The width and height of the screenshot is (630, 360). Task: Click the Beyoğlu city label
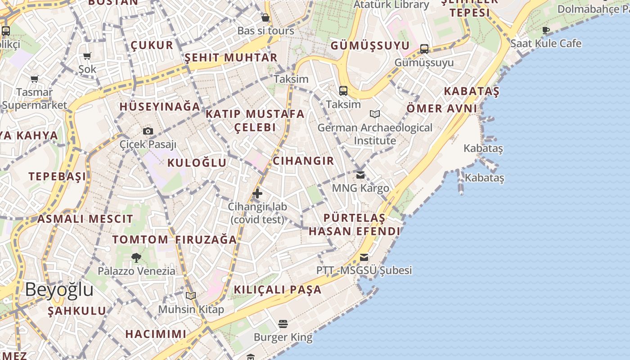(x=59, y=289)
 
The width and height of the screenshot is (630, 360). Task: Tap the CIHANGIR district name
(x=303, y=161)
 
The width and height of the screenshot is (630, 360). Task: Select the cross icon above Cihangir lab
(x=257, y=193)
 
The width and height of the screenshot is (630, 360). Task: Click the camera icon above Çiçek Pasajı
(x=148, y=131)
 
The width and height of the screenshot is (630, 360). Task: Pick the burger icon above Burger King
(x=283, y=324)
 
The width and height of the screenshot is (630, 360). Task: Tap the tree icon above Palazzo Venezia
(x=136, y=258)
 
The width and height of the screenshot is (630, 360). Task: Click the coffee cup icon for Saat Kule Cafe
(x=546, y=31)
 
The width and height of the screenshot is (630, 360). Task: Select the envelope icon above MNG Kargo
(x=360, y=175)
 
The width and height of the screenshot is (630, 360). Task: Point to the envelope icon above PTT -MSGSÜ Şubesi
(x=364, y=257)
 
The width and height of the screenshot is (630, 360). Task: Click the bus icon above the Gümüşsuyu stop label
(x=424, y=49)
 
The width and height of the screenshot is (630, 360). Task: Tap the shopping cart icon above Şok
(x=87, y=56)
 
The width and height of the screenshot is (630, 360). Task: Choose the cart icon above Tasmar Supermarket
(x=35, y=79)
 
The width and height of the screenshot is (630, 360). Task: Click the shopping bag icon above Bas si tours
(x=265, y=18)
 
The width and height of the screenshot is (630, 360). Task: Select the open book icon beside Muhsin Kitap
(x=191, y=296)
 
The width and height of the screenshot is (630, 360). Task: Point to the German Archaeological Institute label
(x=375, y=134)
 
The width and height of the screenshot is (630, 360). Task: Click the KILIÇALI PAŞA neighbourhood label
(x=278, y=289)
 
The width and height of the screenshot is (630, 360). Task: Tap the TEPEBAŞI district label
(x=57, y=176)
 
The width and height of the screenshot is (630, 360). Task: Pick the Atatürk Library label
(x=391, y=5)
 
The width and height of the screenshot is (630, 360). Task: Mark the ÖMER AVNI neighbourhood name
(x=441, y=108)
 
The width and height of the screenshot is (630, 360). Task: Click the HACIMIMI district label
(x=156, y=334)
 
